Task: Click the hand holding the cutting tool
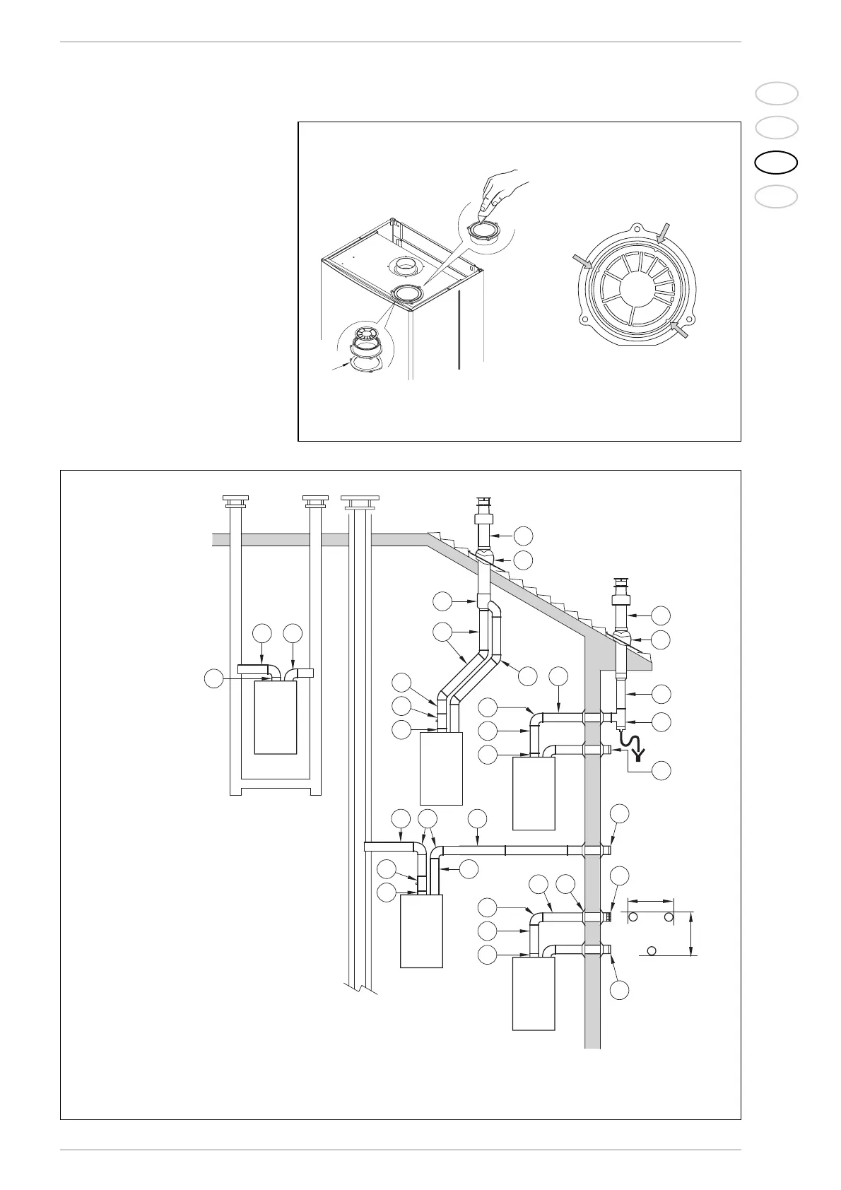pos(504,192)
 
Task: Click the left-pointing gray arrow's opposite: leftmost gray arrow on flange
pos(583,263)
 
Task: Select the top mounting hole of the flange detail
pos(637,230)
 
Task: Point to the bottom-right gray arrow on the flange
pos(681,329)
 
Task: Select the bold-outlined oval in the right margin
pos(776,162)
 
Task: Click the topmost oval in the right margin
pos(776,93)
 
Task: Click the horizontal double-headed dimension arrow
pos(650,901)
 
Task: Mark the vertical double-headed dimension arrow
pos(690,933)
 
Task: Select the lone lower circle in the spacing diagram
pos(652,949)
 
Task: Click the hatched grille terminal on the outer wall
pos(607,917)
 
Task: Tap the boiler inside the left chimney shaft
pos(276,717)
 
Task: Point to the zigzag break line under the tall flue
pos(360,986)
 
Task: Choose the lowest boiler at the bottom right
pos(534,993)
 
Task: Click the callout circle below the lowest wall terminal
pos(619,990)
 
